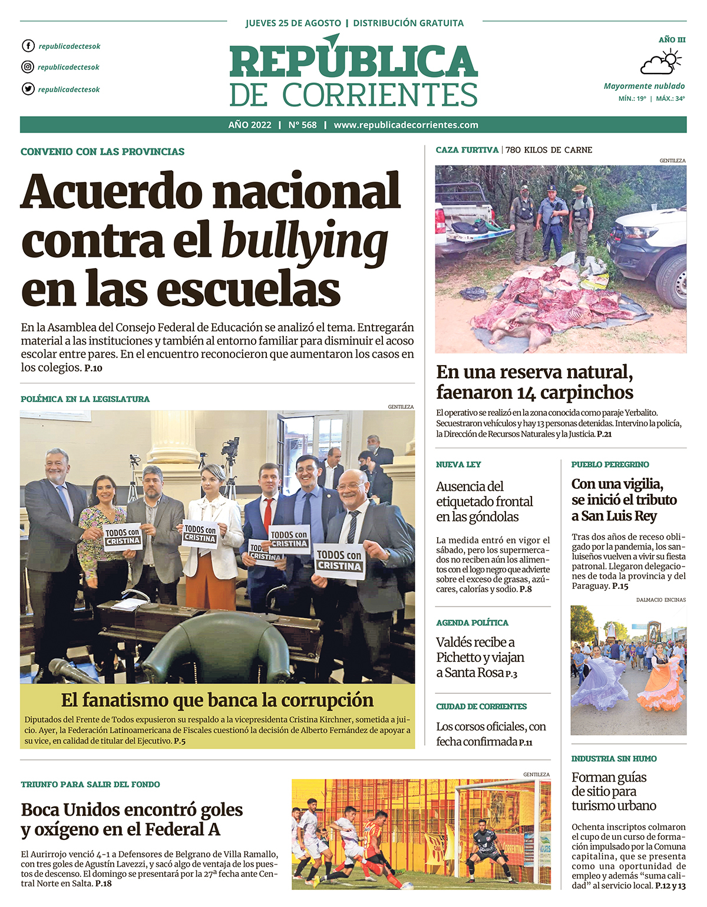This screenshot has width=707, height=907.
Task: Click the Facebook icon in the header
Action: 28,46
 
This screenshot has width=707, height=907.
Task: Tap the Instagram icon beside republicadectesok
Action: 28,67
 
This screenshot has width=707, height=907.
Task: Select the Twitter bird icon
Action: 28,89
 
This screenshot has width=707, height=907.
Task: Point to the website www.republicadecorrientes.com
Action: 406,125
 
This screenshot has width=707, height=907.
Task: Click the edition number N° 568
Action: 302,125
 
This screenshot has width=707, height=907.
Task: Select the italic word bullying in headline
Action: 304,241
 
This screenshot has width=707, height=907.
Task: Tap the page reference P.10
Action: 93,369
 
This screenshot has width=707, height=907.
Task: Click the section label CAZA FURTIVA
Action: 467,150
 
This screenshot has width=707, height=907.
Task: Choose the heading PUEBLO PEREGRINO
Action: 610,465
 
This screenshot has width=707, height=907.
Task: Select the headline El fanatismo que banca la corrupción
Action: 217,700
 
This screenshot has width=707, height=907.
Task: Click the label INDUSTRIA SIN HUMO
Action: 614,759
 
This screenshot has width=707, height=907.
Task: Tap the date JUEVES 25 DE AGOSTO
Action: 293,24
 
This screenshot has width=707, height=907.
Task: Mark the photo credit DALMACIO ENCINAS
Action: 661,600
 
